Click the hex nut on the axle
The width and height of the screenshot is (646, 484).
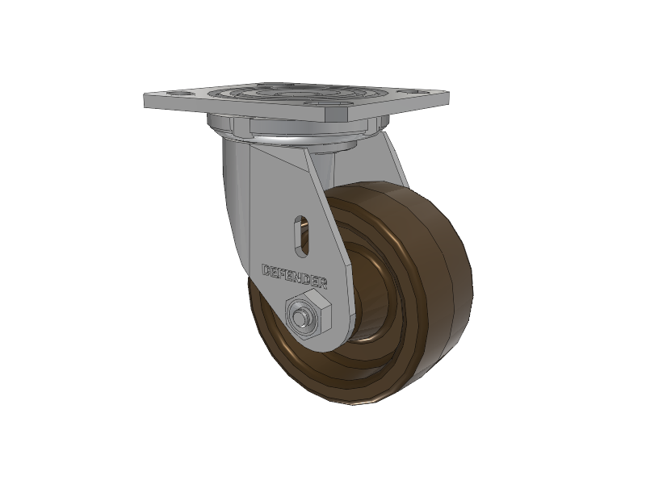pos(308,314)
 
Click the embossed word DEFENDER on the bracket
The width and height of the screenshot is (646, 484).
pos(295,276)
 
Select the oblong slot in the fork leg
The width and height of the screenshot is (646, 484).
pos(301,235)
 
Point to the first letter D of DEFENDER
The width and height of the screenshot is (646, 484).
pos(267,270)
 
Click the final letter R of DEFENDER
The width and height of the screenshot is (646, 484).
pos(322,283)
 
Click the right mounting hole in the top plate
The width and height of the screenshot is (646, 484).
pos(414,91)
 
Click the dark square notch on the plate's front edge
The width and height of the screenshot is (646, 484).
pos(338,115)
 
